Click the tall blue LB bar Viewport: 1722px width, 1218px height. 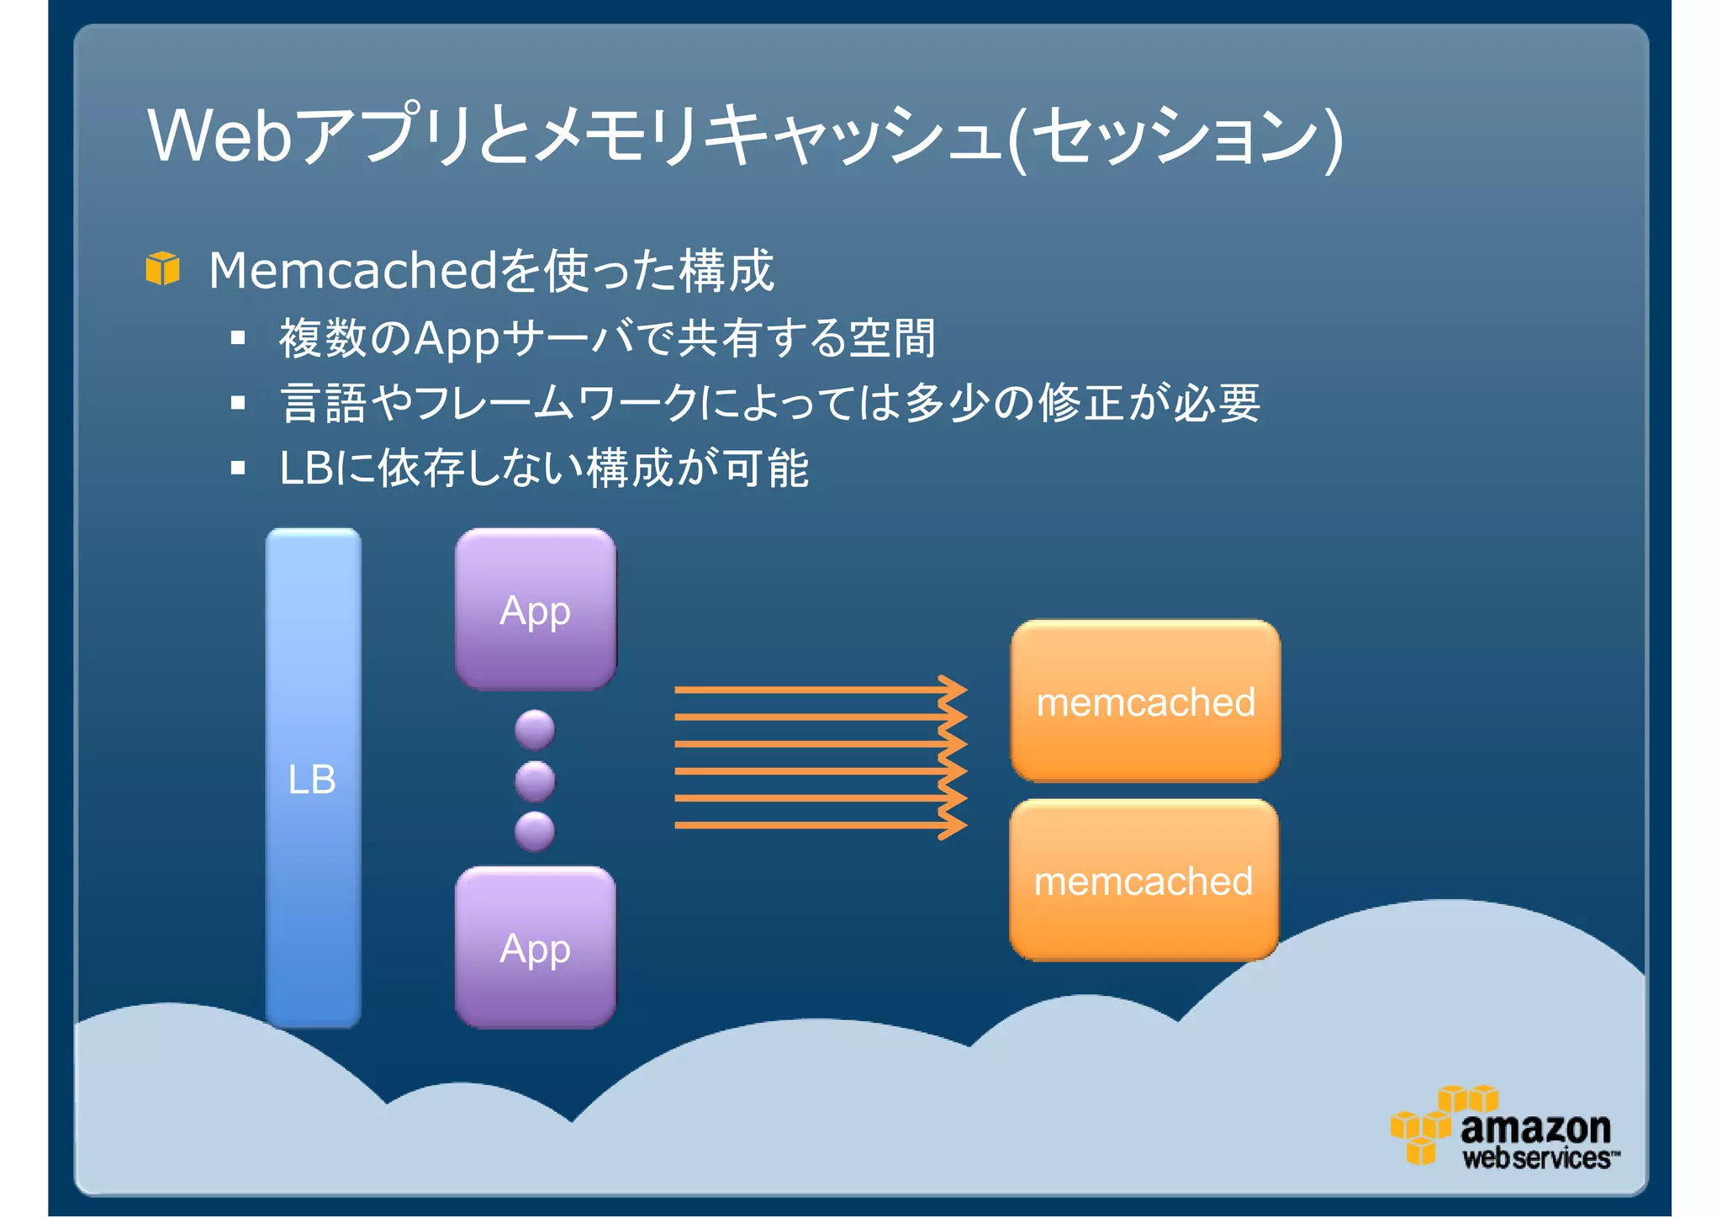coord(313,777)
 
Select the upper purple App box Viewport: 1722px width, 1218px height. coord(536,609)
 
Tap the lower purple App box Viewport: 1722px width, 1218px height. coord(536,947)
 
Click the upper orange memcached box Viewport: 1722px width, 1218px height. coord(1145,702)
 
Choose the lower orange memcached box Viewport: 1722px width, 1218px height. coord(1144,880)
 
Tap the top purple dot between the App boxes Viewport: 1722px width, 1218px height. coord(535,729)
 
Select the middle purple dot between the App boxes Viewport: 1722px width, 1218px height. coord(535,781)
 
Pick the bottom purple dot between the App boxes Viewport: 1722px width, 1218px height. coord(535,831)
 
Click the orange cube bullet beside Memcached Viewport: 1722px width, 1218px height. coord(162,268)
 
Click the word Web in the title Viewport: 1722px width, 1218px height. coord(220,135)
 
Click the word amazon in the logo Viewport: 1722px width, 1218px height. coord(1535,1128)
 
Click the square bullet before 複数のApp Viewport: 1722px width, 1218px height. coord(238,338)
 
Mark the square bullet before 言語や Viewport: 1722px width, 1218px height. coord(238,403)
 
